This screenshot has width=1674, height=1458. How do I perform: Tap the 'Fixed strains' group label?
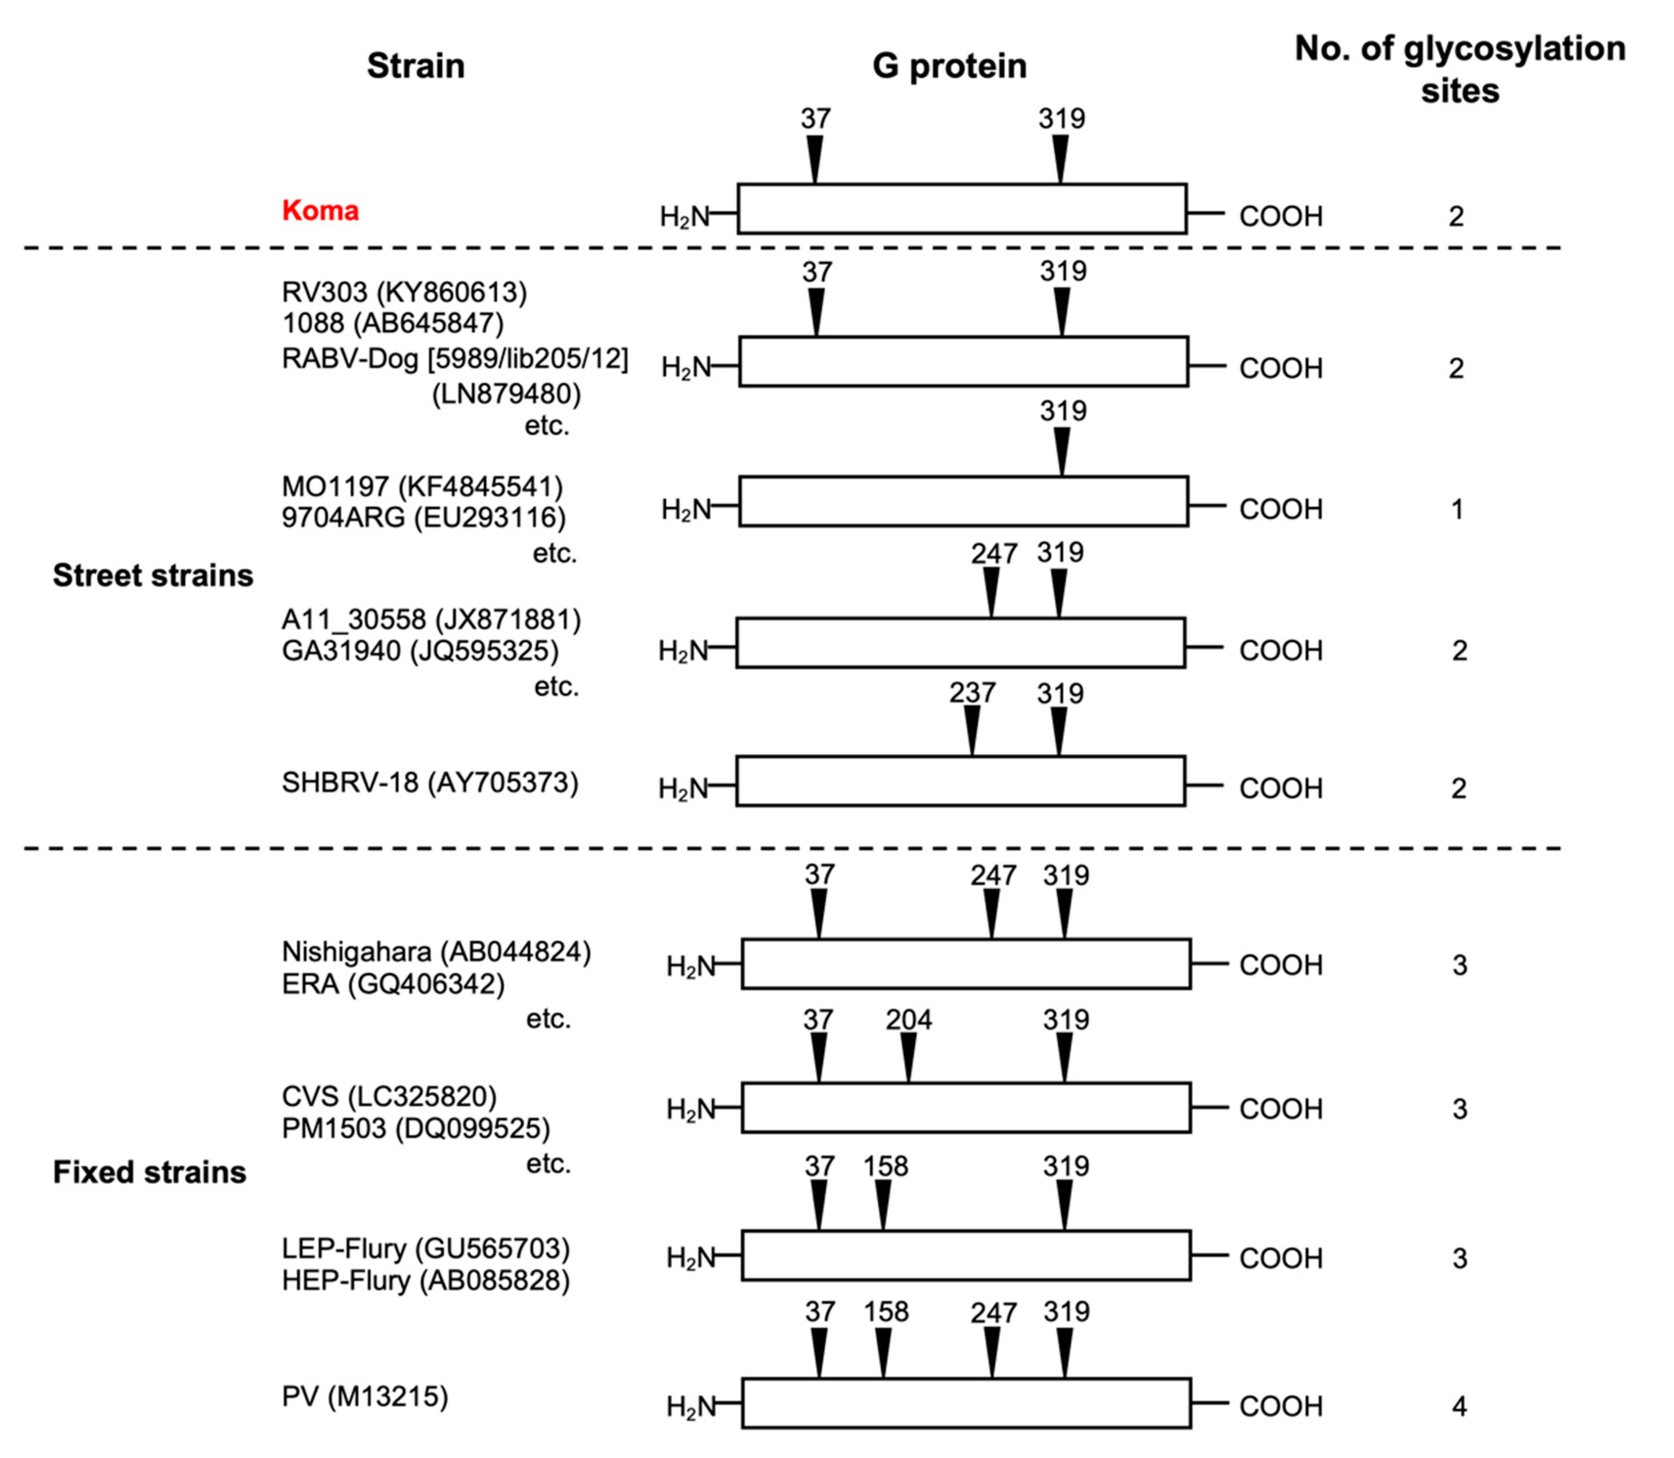point(150,1173)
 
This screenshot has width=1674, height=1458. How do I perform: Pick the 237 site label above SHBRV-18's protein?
point(972,693)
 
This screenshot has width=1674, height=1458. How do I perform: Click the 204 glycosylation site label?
point(909,1020)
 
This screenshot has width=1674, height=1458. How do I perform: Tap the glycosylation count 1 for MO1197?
point(1457,509)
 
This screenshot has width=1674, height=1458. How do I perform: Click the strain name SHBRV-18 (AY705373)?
point(430,783)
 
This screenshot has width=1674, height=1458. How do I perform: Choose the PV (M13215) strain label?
point(365,1397)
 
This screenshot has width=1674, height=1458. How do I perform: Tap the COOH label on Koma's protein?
point(1281,217)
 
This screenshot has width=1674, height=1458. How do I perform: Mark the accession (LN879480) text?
point(506,394)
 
